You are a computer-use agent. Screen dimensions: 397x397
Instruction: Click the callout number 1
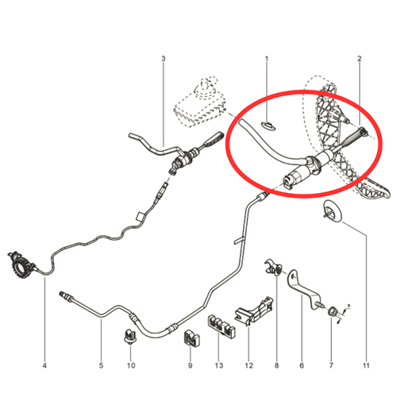pyautogui.click(x=267, y=59)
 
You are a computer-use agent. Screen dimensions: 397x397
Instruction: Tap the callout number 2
pyautogui.click(x=359, y=59)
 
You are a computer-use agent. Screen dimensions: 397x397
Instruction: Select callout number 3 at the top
pyautogui.click(x=164, y=59)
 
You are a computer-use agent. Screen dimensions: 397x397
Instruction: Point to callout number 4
pyautogui.click(x=44, y=365)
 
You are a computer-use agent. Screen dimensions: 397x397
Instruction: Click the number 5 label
pyautogui.click(x=101, y=365)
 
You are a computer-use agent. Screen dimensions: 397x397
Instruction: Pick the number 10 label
pyautogui.click(x=131, y=365)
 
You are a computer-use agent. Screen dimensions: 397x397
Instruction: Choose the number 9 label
pyautogui.click(x=190, y=365)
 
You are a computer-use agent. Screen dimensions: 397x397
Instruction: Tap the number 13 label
pyautogui.click(x=219, y=365)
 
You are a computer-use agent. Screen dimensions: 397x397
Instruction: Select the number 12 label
pyautogui.click(x=249, y=365)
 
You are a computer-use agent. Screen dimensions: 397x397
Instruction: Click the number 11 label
pyautogui.click(x=366, y=365)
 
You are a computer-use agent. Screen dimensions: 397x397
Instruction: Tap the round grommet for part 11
pyautogui.click(x=333, y=211)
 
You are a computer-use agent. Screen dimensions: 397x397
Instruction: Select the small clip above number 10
pyautogui.click(x=129, y=336)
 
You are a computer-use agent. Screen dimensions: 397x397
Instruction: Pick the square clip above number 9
pyautogui.click(x=191, y=337)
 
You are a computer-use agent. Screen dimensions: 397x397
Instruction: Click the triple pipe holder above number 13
pyautogui.click(x=221, y=326)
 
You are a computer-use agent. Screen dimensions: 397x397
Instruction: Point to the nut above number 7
pyautogui.click(x=333, y=311)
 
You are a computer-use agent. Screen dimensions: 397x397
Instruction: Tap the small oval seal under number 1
pyautogui.click(x=268, y=125)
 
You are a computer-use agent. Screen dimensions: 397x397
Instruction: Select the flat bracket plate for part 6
pyautogui.click(x=303, y=289)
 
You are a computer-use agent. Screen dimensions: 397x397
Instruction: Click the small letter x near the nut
pyautogui.click(x=349, y=306)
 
